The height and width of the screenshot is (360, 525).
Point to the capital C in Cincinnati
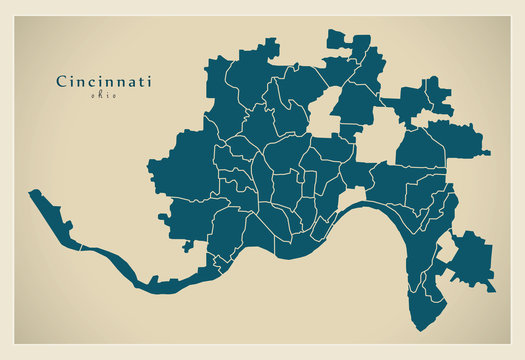coord(60,81)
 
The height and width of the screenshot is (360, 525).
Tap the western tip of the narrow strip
coord(32,192)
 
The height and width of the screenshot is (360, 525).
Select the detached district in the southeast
coord(469,260)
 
